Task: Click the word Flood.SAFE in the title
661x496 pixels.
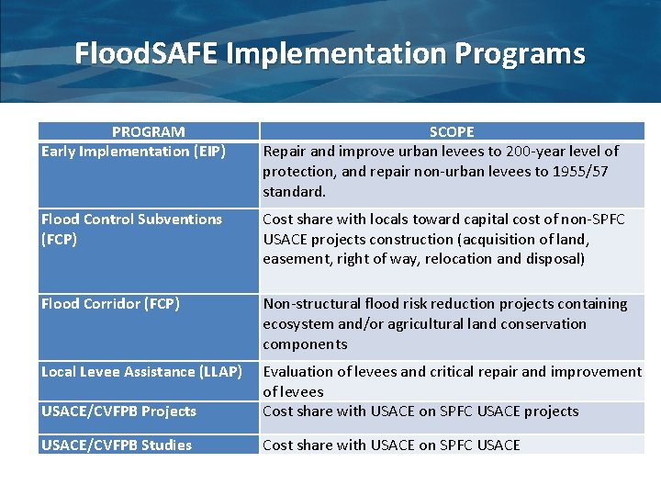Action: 147,53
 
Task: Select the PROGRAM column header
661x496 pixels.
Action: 148,132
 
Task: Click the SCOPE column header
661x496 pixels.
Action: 452,132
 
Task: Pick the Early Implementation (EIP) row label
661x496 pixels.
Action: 133,151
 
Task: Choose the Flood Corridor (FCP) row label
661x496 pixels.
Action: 110,303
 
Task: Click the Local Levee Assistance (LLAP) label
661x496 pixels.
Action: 141,371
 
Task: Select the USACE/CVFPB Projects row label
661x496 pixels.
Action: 118,411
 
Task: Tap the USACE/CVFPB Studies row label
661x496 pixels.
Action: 117,445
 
